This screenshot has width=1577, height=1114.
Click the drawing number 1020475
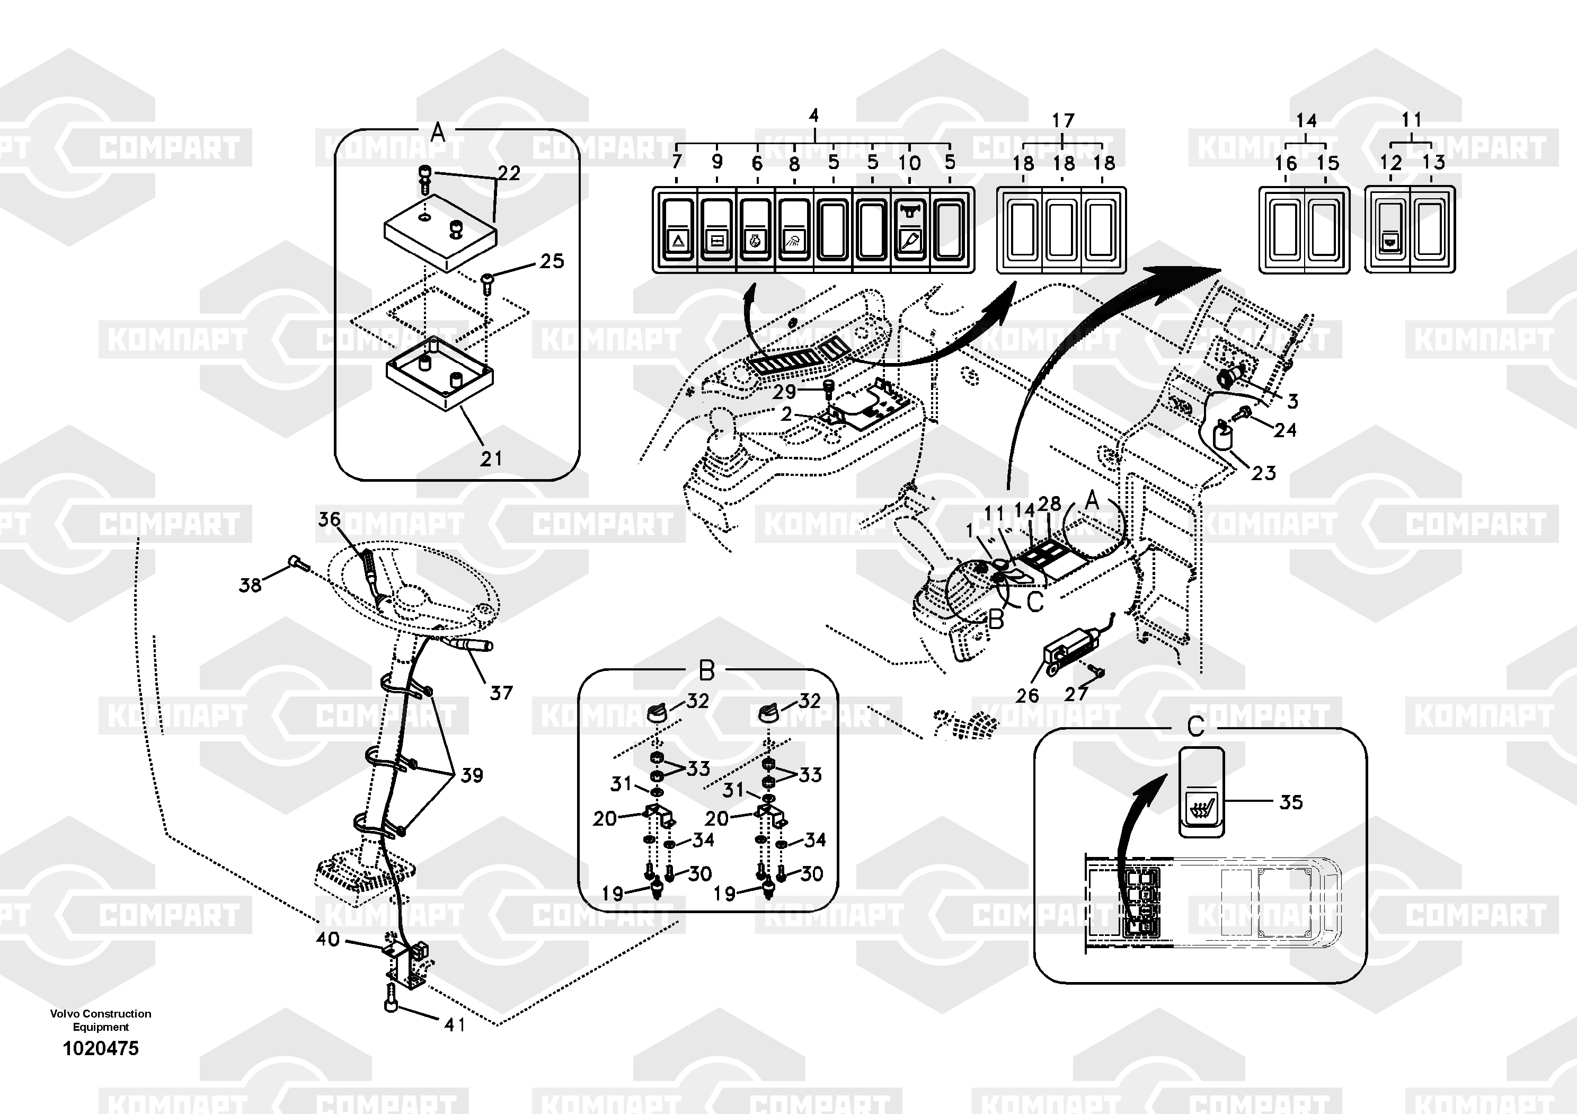tap(100, 1048)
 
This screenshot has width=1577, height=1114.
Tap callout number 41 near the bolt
tap(455, 1025)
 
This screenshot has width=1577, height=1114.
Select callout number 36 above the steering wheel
tap(329, 519)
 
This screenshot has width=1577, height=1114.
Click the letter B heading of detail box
tap(707, 670)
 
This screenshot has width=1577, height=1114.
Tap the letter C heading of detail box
tap(1196, 726)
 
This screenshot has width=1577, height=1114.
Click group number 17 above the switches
tap(1062, 121)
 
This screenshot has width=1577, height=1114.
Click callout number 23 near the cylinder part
tap(1263, 473)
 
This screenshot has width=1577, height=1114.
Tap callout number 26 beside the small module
tap(1027, 696)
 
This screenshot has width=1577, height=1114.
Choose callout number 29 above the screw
tap(784, 392)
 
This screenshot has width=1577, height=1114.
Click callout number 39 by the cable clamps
tap(471, 775)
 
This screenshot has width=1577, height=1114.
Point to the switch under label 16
tap(1284, 230)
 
